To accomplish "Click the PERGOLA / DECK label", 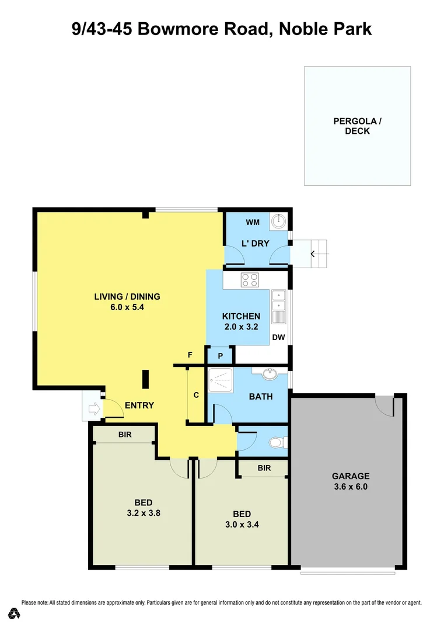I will [357, 126].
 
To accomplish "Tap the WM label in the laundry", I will [252, 223].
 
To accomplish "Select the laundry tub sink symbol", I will [279, 221].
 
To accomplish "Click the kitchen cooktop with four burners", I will [250, 280].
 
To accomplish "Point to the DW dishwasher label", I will [278, 337].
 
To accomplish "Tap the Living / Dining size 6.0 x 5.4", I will [127, 307].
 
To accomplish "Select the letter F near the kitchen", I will [190, 355].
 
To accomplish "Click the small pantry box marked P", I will [221, 356].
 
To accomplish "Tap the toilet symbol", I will [277, 443].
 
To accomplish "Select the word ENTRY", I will [139, 405].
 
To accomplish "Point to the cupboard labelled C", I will [196, 395].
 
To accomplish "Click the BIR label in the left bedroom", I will [124, 435].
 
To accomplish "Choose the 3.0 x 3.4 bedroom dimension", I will [242, 524].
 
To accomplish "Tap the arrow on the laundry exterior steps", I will [314, 254].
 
